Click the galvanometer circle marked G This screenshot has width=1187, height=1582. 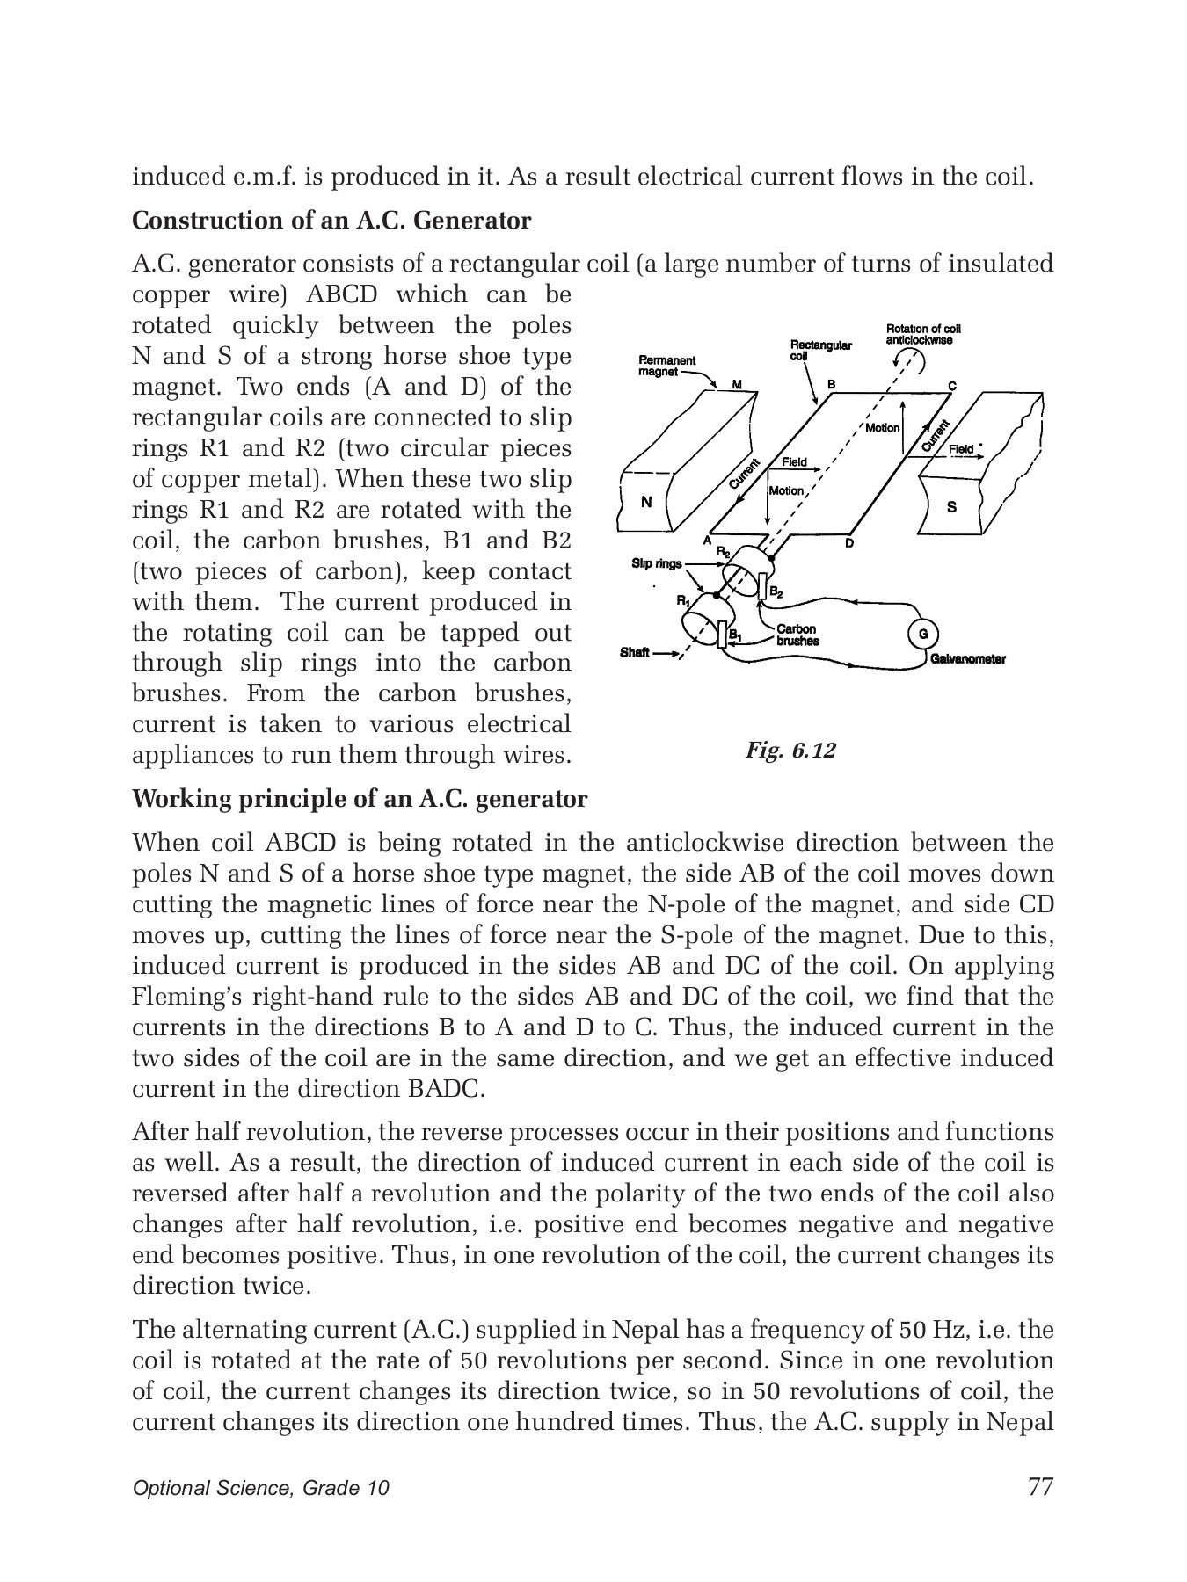coord(922,633)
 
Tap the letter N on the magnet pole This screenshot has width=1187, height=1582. coord(646,503)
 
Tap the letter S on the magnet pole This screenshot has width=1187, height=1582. coord(951,507)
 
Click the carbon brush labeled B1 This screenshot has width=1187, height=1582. coord(723,635)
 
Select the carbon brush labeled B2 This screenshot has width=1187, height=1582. coord(762,585)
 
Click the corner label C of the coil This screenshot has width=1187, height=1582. coord(952,387)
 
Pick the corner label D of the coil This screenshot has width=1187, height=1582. coord(849,543)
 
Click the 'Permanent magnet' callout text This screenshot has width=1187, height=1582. coord(666,366)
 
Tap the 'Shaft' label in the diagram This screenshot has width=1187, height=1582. coord(635,653)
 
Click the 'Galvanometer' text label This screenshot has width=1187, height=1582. coord(968,659)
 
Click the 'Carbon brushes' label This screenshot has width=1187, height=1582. coord(797,635)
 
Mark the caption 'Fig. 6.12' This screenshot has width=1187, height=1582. coord(790,750)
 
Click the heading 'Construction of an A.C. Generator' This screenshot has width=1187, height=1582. coord(331,221)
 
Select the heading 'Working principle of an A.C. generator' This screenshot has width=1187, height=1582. coord(360,799)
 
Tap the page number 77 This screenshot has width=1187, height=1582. coord(1039,1486)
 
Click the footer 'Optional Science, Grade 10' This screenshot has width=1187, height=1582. coord(260,1488)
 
